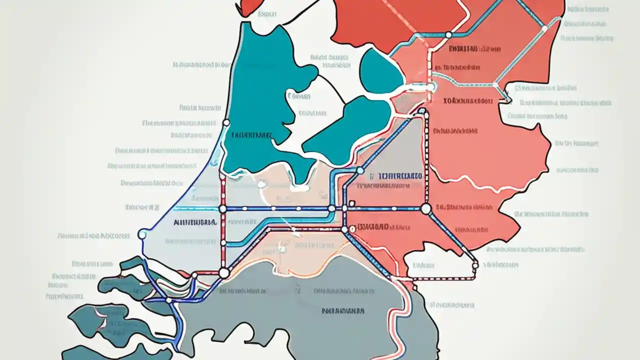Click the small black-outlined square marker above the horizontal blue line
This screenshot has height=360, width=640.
click(x=352, y=203)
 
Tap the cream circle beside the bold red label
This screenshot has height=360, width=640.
click(x=353, y=227)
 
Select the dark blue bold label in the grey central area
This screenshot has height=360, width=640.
click(x=395, y=176)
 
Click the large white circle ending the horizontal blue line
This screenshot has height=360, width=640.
click(x=426, y=209)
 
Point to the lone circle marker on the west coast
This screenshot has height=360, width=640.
click(x=142, y=233)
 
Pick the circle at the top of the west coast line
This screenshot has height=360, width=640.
click(x=226, y=122)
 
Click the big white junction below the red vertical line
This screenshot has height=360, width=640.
click(x=223, y=272)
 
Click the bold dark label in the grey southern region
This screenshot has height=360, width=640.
click(x=343, y=310)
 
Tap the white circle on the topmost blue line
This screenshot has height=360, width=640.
click(x=448, y=34)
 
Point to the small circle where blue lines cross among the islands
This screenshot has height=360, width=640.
click(x=169, y=300)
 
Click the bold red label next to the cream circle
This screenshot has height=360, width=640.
click(x=373, y=226)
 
